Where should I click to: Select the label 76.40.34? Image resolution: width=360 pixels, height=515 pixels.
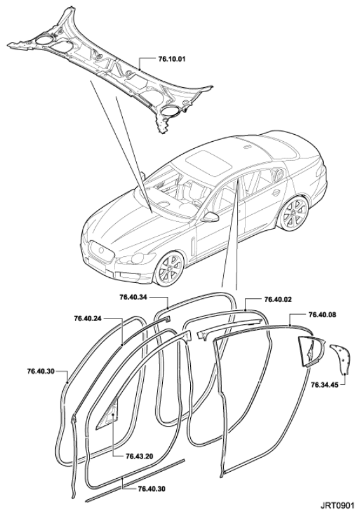(134, 298)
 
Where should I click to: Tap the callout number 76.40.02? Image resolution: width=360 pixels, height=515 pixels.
(278, 299)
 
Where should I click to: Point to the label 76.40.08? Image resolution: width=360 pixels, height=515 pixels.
(322, 315)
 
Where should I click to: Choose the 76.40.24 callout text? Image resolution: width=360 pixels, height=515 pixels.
(88, 318)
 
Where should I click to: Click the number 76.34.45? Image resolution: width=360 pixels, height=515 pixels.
(324, 385)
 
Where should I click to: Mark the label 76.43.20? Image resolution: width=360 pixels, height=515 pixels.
(139, 457)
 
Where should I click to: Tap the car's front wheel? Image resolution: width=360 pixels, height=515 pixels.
(169, 268)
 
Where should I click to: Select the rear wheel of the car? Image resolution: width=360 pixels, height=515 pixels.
(293, 214)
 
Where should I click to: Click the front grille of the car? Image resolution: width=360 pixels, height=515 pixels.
(102, 251)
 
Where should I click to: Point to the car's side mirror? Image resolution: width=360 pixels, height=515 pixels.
(211, 217)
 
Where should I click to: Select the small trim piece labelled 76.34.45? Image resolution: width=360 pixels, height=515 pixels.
(341, 359)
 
